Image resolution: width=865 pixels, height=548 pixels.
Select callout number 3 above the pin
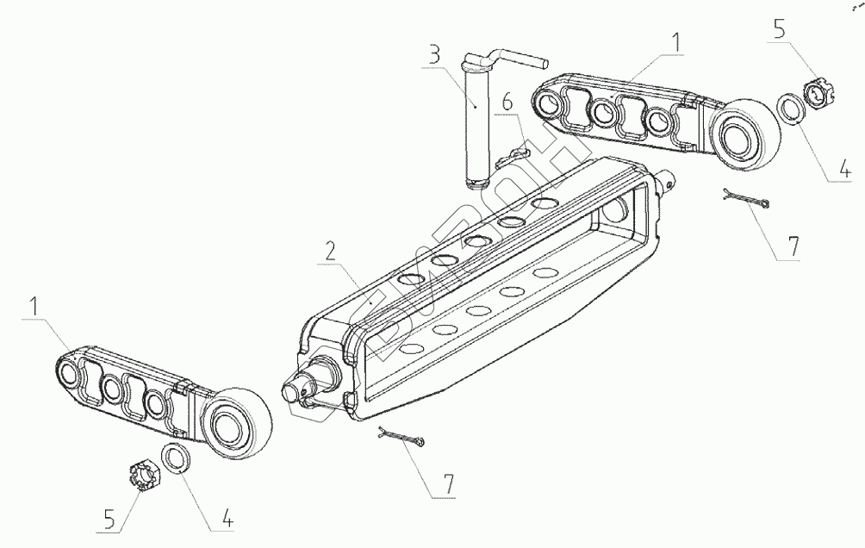433,57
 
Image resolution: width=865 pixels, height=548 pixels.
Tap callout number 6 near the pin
507,103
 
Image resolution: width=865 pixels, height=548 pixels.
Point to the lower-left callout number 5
109,520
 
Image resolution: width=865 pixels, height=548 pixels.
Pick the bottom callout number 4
227,520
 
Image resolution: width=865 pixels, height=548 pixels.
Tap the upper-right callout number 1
677,40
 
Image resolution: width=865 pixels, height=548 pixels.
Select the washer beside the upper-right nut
789,111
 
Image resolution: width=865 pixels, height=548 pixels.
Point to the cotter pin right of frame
745,201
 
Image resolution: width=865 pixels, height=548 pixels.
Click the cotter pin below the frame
401,439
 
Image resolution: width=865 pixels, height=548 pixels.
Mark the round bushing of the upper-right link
745,134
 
